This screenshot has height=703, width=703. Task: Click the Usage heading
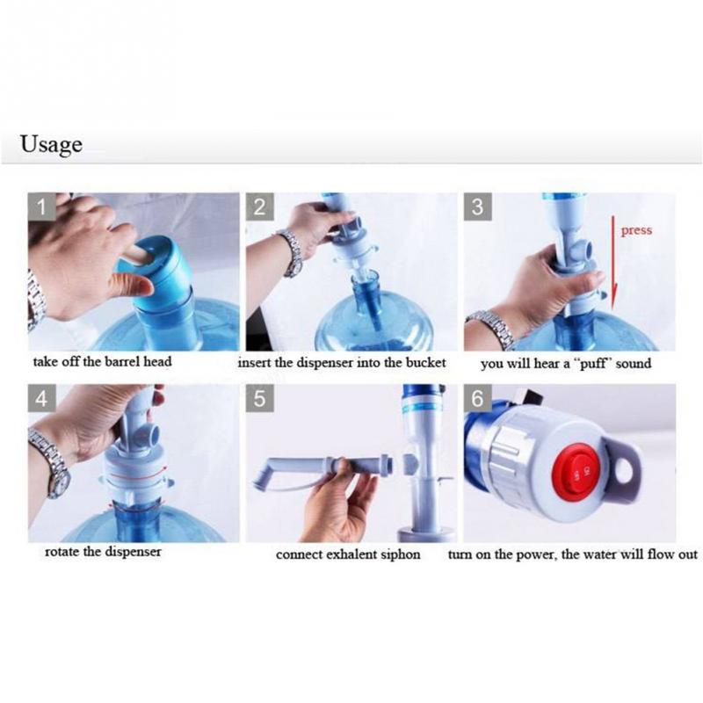(51, 144)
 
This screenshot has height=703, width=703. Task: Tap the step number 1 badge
(41, 207)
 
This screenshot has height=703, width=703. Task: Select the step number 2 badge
(259, 207)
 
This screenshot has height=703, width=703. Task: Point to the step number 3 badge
(477, 207)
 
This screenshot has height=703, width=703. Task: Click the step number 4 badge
(41, 398)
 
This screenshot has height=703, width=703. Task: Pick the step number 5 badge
(259, 398)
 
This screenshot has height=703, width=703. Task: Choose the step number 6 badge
(477, 398)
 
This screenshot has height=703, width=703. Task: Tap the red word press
(636, 230)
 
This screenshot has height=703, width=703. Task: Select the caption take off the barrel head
(102, 362)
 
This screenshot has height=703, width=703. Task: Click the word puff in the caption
(594, 364)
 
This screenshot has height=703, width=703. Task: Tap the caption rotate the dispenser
(103, 552)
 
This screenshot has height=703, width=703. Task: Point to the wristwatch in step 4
(51, 462)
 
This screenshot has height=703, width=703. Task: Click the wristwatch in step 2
(291, 252)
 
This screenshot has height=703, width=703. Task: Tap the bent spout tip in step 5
(262, 479)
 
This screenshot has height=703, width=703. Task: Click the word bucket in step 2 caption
(425, 363)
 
